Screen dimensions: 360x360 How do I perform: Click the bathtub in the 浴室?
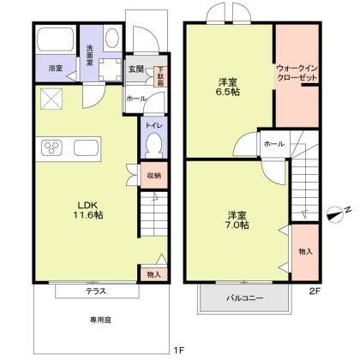click(55, 39)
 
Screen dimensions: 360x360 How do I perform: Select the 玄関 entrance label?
click(135, 70)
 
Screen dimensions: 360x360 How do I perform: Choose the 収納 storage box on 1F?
click(153, 177)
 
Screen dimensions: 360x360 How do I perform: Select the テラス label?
click(94, 291)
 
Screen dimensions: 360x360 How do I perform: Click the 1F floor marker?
click(178, 351)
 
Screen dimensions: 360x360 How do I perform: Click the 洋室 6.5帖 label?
click(227, 88)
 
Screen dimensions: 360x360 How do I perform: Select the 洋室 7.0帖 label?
click(237, 219)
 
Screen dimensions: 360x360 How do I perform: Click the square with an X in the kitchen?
click(51, 99)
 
